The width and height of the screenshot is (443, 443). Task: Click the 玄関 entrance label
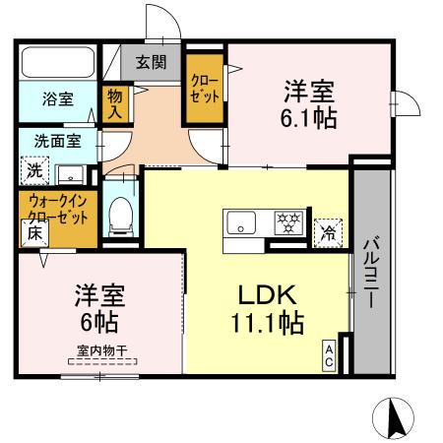[151, 63]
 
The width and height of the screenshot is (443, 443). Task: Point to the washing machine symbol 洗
[34, 170]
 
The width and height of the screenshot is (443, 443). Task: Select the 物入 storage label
[114, 100]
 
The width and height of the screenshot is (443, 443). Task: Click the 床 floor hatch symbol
[32, 234]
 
